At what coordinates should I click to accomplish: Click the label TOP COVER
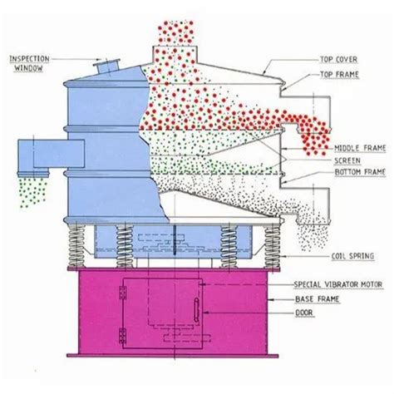338,60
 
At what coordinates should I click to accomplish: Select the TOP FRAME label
339,74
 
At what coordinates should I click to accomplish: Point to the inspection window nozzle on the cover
107,65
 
